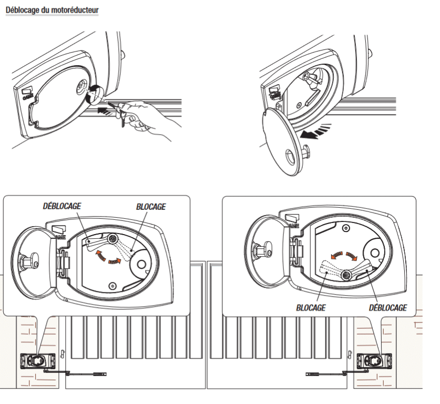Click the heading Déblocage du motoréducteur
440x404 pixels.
52,10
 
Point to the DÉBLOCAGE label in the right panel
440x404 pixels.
387,308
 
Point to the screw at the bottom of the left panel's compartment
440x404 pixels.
112,286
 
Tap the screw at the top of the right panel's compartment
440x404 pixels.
345,229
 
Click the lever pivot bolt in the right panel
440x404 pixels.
347,275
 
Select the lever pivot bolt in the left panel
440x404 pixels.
112,239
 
